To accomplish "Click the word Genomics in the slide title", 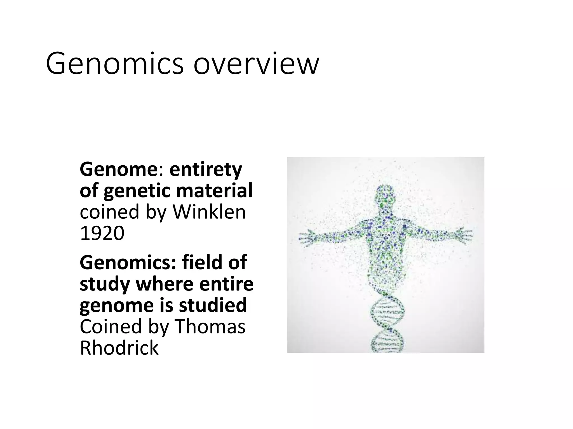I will (x=115, y=64).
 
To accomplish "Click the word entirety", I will (x=206, y=170).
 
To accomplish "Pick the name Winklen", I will (x=209, y=212).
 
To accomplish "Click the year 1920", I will (x=102, y=233).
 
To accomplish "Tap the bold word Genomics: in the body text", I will (x=128, y=263).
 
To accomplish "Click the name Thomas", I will (x=210, y=326).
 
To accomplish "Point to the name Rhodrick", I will (x=119, y=348).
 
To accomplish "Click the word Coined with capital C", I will (x=111, y=326).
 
